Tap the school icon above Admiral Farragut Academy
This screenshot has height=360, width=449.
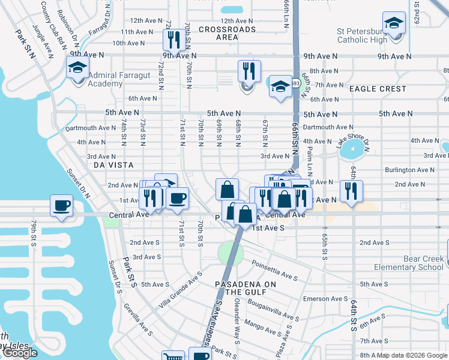tap(78, 67)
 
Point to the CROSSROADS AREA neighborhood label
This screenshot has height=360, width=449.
tap(227, 33)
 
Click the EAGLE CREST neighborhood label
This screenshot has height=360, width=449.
tap(378, 89)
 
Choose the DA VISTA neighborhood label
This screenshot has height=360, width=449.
tap(113, 164)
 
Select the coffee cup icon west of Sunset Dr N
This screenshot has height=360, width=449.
tap(62, 205)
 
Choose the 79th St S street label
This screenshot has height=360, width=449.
tap(34, 232)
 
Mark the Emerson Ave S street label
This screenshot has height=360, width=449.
tap(324, 299)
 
